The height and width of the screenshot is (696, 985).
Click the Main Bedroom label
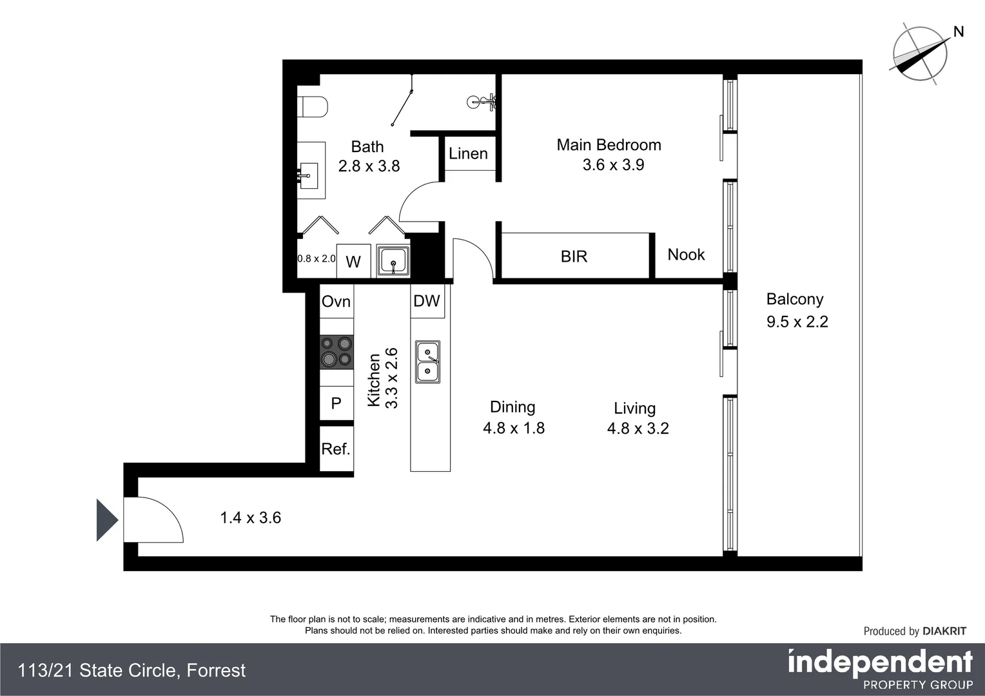coord(609,145)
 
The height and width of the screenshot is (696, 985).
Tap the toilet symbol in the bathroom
coord(313,107)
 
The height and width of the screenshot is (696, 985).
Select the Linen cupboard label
coord(468,153)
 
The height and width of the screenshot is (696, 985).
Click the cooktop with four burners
coord(336,352)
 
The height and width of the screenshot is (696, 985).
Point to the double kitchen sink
coord(427,362)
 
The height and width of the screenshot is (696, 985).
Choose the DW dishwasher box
coord(427,301)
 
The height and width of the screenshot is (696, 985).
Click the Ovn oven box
coord(336,302)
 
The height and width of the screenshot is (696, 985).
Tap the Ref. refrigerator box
coord(336,449)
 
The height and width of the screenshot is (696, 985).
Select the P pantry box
coord(336,403)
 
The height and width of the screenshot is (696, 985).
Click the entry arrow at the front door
coord(106,520)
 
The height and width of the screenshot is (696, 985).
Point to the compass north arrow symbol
coord(921,54)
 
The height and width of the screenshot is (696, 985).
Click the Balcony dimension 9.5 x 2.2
coord(797,322)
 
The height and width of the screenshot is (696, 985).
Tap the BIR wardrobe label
coord(574,256)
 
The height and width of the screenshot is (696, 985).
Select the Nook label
coord(686,255)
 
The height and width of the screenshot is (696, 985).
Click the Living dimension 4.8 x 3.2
coord(638,429)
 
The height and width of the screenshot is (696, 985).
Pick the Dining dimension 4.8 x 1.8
coord(513,428)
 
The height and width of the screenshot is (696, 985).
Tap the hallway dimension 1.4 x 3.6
coord(250,517)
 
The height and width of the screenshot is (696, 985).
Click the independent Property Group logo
coord(880,670)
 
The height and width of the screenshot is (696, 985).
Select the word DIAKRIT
coord(944,631)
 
